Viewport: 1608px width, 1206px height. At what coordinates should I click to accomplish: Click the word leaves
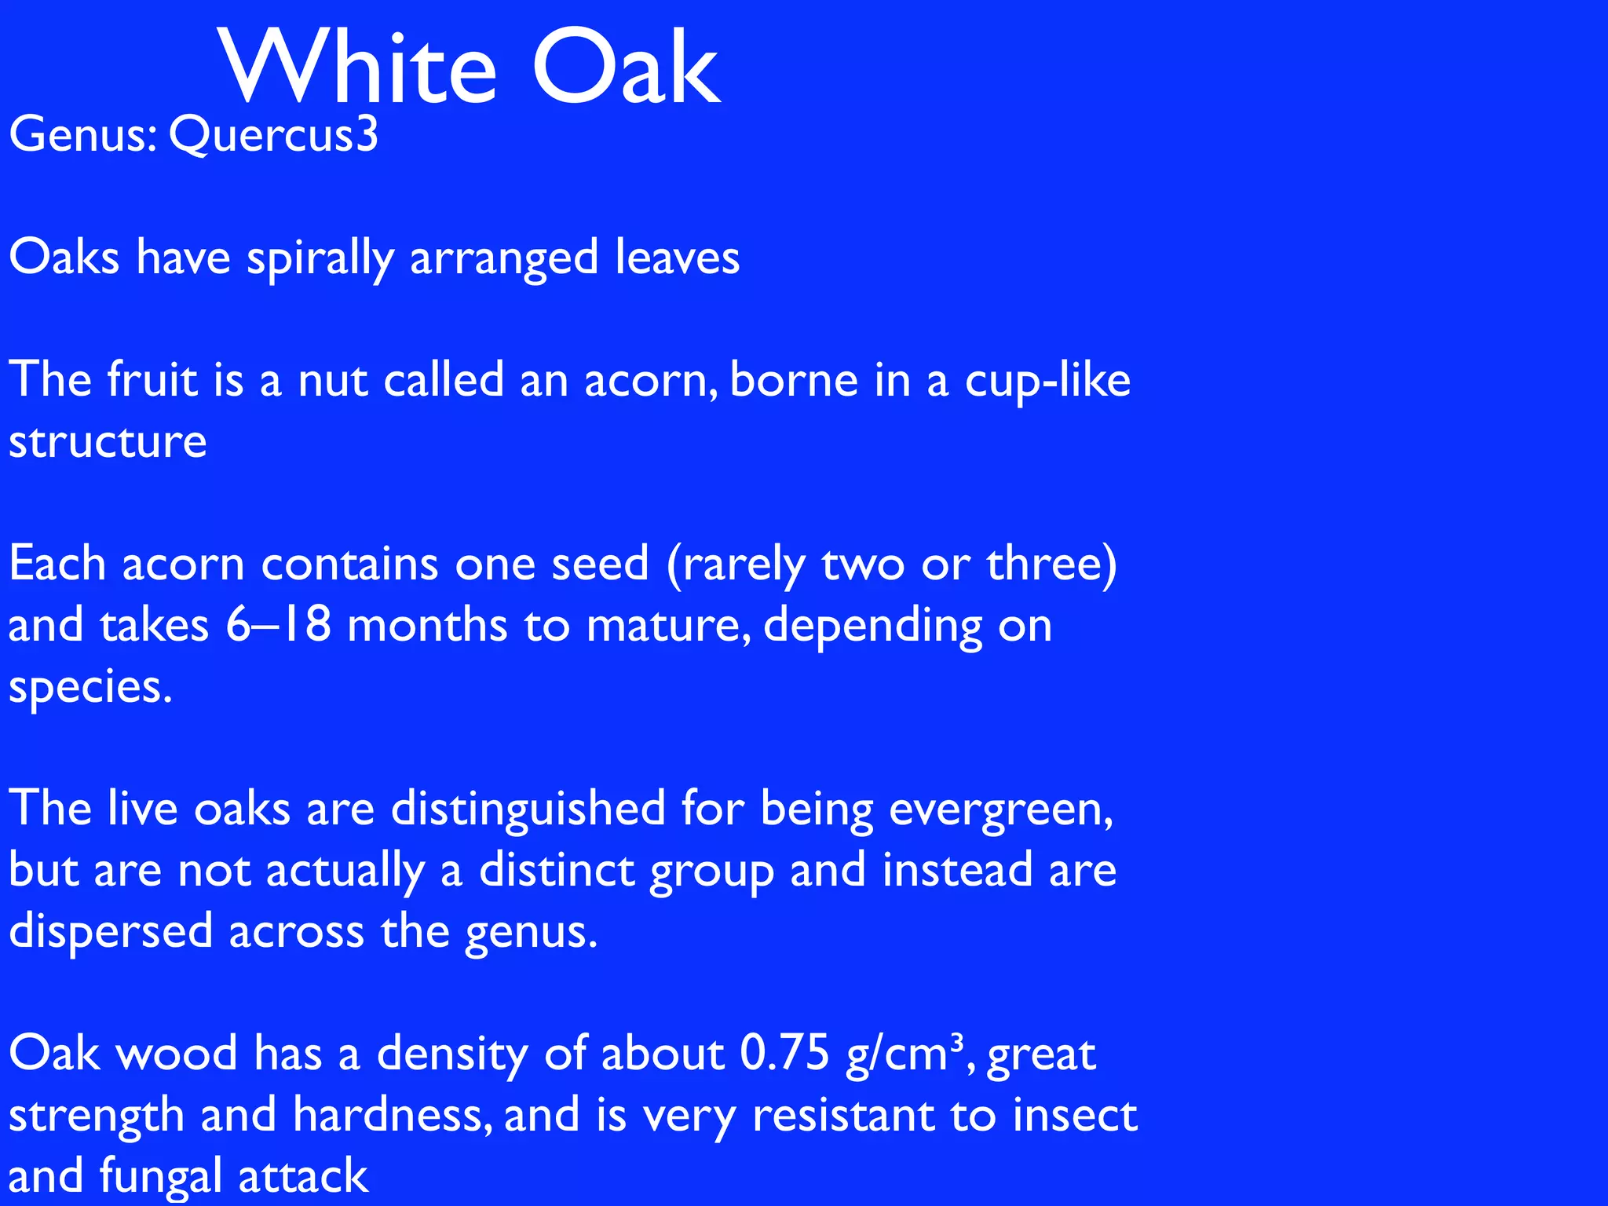click(x=677, y=258)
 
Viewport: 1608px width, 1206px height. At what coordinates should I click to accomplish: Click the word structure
click(x=108, y=442)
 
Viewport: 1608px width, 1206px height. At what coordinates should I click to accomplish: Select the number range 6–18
click(x=278, y=626)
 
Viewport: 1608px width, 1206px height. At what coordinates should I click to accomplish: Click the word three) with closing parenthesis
click(x=1051, y=565)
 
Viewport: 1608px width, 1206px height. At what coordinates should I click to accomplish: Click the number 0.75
click(x=784, y=1054)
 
